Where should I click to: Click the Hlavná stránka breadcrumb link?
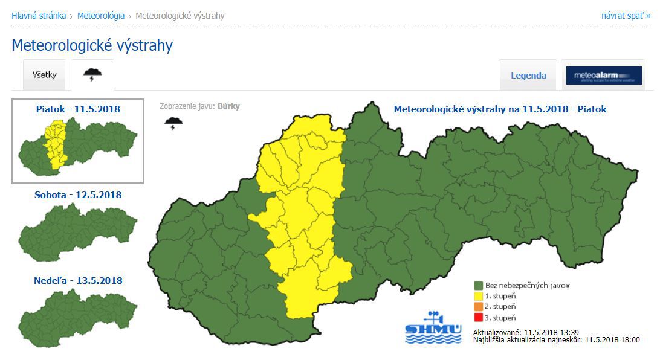(39, 16)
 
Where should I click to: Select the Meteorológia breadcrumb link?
(101, 16)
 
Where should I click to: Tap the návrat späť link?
(626, 16)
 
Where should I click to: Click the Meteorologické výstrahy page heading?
(92, 45)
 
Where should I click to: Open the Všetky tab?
(45, 75)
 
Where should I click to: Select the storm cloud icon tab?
(92, 75)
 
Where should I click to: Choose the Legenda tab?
(528, 76)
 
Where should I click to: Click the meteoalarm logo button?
(604, 76)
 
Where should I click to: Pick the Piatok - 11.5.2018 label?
(78, 109)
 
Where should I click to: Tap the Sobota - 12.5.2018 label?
(78, 195)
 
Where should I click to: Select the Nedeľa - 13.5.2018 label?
(78, 281)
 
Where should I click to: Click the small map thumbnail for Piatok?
(78, 145)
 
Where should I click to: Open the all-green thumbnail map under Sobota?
(78, 231)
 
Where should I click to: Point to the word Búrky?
(228, 106)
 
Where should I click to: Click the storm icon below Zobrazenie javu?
(173, 124)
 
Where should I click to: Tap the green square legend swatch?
(478, 285)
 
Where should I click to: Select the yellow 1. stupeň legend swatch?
(478, 296)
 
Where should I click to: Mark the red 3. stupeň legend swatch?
(478, 318)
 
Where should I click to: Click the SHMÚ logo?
(433, 328)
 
